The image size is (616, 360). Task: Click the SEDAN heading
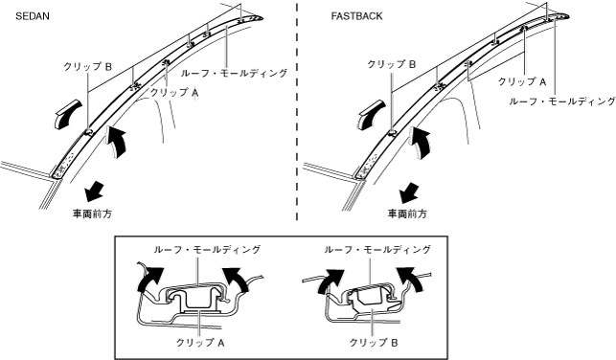click(33, 16)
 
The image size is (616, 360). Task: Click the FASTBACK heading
click(356, 16)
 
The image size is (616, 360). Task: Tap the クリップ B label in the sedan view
click(87, 67)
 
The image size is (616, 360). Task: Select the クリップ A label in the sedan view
click(174, 93)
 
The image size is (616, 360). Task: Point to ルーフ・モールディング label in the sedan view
click(234, 73)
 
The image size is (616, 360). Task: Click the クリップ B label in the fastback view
click(391, 64)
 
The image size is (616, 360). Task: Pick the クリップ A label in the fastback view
click(522, 81)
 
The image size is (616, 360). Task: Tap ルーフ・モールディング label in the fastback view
click(562, 101)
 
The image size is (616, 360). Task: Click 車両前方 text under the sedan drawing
click(92, 214)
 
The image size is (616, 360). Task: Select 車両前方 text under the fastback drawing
click(407, 214)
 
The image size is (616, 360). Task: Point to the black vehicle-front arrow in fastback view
click(409, 191)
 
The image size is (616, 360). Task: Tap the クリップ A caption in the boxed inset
click(200, 343)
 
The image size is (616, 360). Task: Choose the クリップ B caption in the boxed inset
click(374, 343)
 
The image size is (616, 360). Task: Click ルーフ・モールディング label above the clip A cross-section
click(207, 249)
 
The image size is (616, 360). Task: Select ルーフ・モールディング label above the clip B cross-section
click(377, 249)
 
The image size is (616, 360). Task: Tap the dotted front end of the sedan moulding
click(64, 165)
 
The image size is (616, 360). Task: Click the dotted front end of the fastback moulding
click(367, 166)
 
